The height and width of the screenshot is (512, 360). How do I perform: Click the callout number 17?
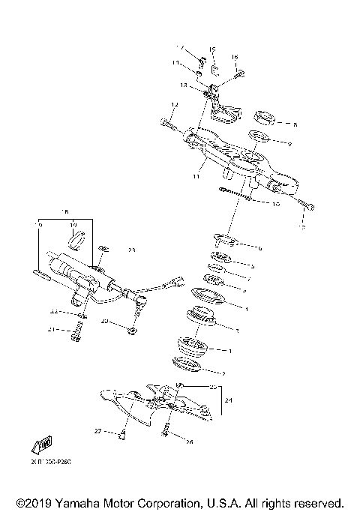[x=179, y=47]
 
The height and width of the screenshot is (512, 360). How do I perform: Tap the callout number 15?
[x=212, y=50]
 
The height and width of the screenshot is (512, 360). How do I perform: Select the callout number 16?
[x=234, y=57]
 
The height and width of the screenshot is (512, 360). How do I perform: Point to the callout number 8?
[x=295, y=124]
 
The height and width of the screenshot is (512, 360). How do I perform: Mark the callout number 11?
[x=196, y=178]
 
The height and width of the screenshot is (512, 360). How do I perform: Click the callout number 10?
[x=276, y=203]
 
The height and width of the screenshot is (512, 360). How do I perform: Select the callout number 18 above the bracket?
[x=64, y=212]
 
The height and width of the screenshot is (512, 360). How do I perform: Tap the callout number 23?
[x=130, y=250]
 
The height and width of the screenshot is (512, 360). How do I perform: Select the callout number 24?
[x=229, y=401]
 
